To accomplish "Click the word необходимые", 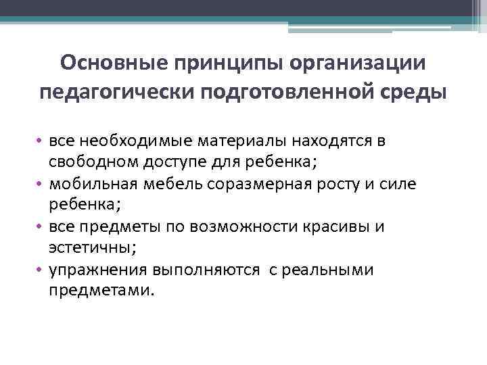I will (x=135, y=140).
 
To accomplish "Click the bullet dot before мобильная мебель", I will (x=41, y=183).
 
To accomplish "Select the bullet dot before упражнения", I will (x=41, y=270).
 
